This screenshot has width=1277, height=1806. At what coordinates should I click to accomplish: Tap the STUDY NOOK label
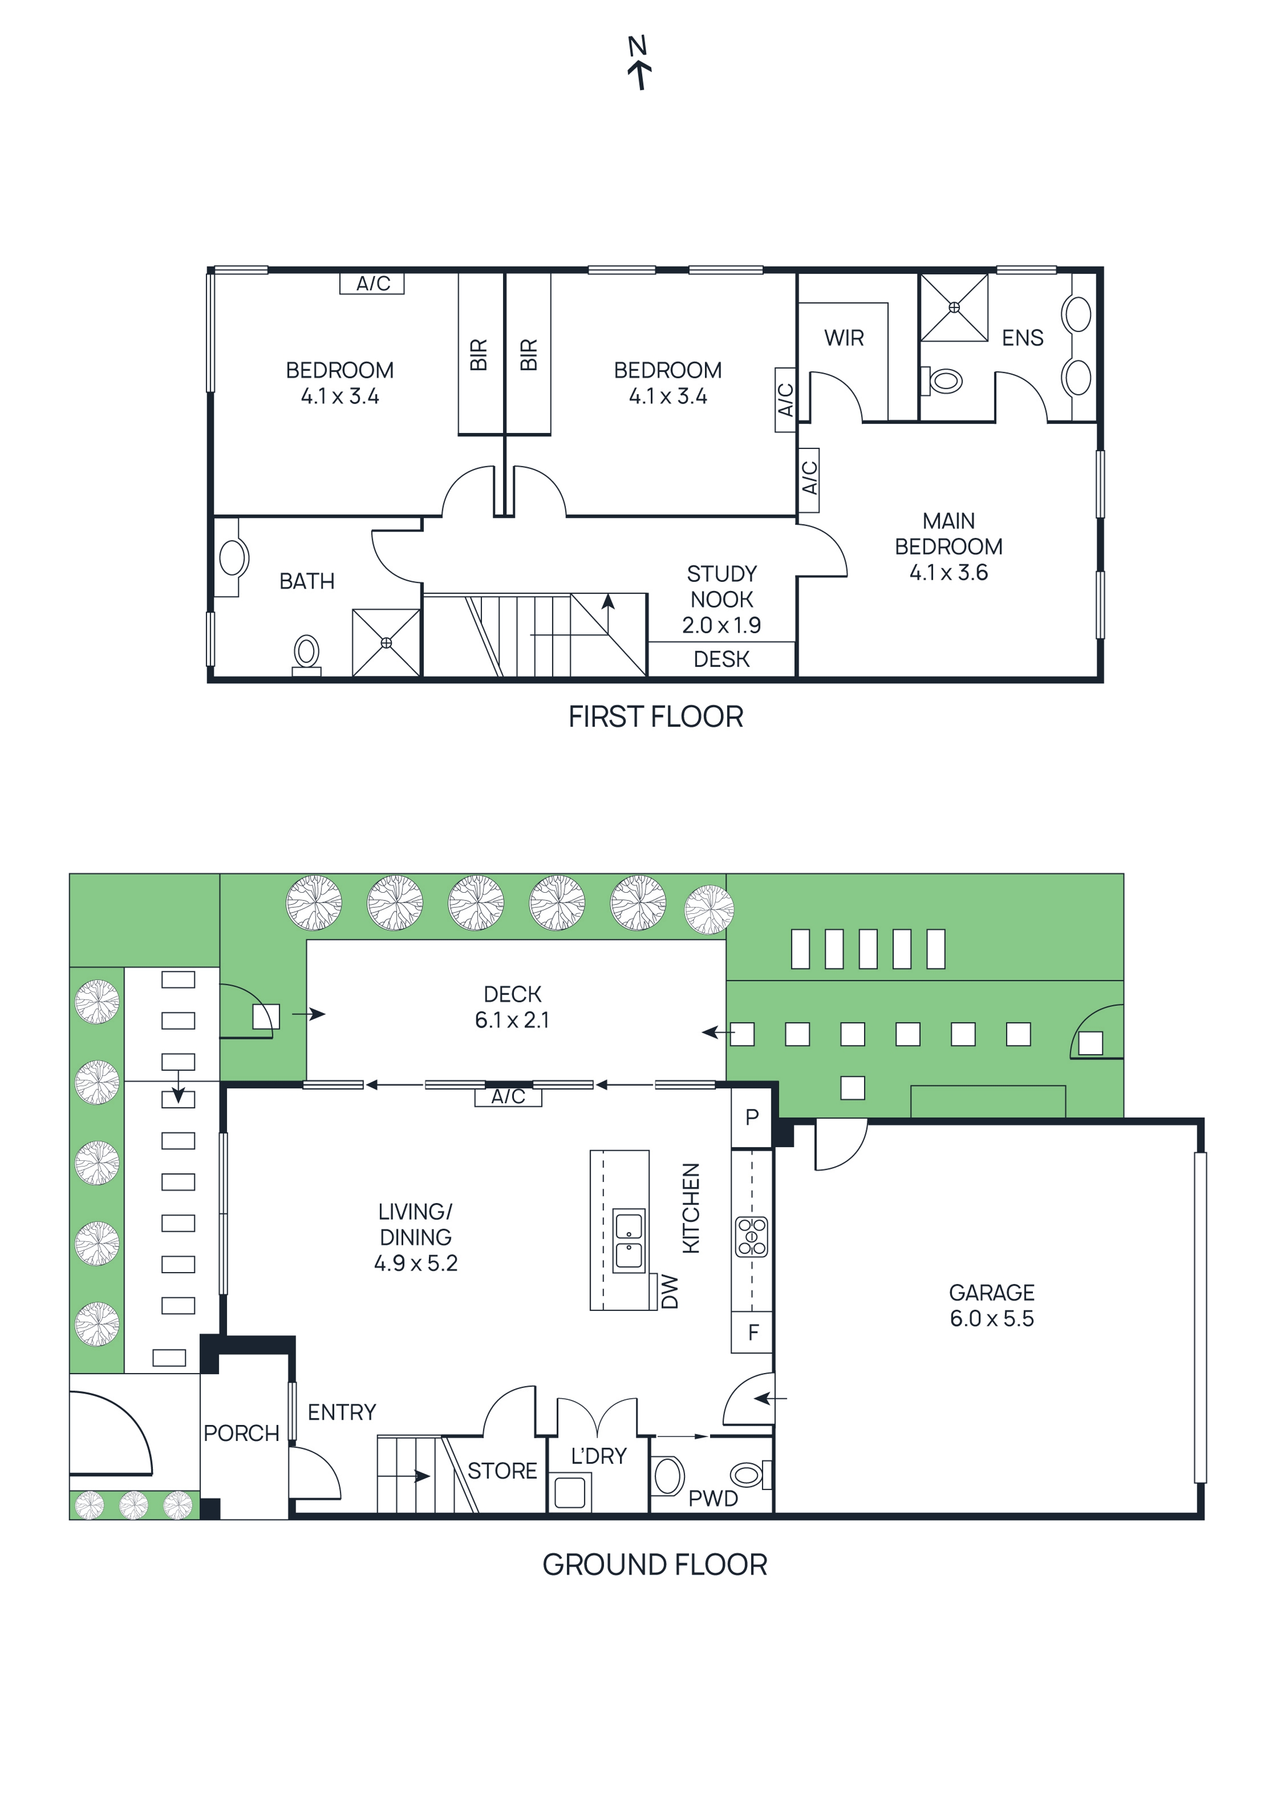(721, 586)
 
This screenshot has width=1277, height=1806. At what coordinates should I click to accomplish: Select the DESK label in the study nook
(721, 659)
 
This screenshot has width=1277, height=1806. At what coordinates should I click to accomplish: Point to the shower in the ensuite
(954, 307)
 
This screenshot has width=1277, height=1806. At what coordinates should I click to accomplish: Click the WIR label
(843, 338)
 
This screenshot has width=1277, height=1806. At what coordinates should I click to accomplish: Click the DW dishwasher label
(669, 1292)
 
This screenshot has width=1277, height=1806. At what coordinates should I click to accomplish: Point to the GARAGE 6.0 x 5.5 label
(991, 1306)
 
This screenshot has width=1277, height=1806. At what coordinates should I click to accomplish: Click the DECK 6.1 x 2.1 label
(512, 1007)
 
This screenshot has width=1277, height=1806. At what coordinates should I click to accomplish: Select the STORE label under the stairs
(502, 1471)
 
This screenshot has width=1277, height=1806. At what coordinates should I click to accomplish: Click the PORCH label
(241, 1433)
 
